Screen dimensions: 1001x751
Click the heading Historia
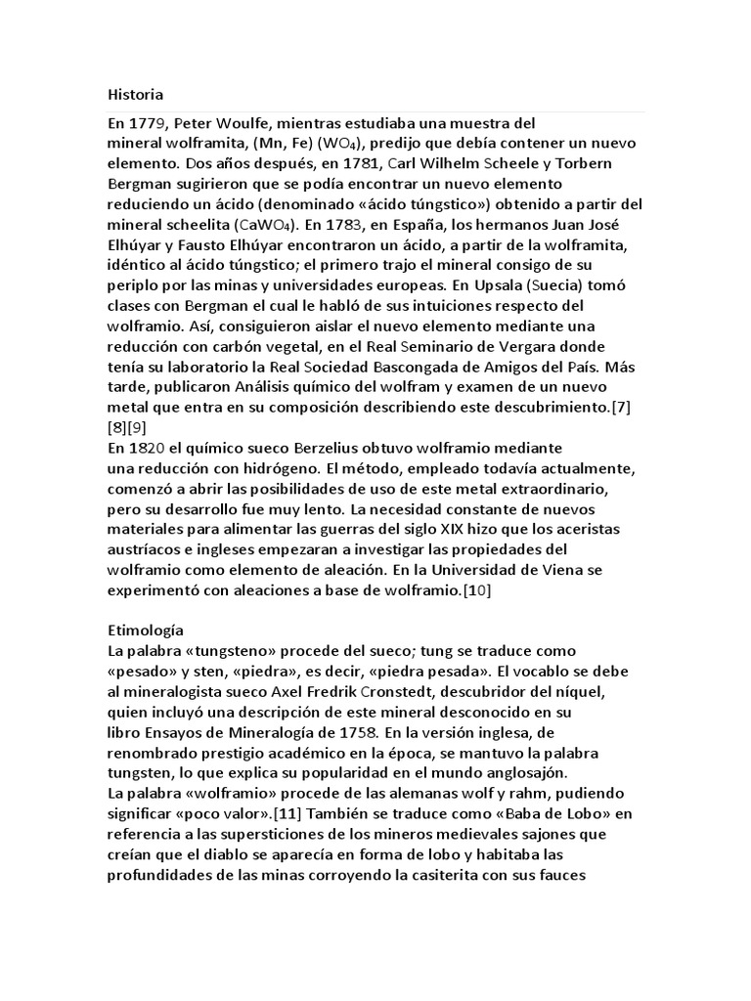click(x=135, y=95)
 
